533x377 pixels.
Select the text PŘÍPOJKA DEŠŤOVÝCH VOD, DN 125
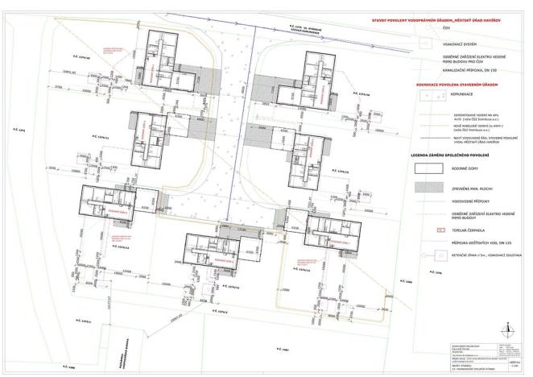[475, 242]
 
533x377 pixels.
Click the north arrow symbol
[507, 328]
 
